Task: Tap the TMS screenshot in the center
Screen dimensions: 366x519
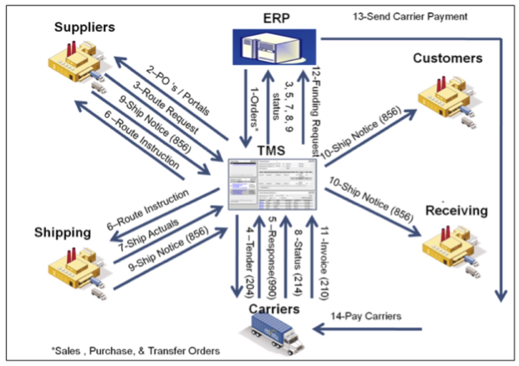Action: [x=273, y=184]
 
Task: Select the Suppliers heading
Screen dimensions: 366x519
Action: [x=84, y=27]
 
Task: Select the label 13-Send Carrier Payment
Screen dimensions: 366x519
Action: [x=410, y=17]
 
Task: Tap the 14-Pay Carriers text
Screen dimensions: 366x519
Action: [x=365, y=316]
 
